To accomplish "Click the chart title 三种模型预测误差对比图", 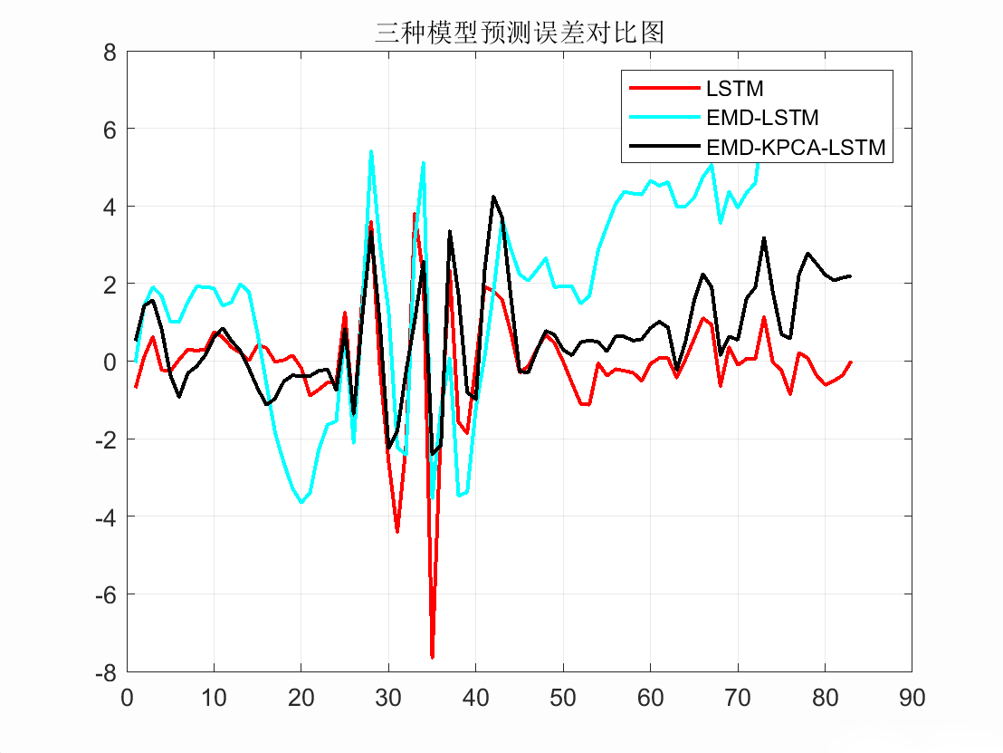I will pyautogui.click(x=520, y=34).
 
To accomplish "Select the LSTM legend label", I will pyautogui.click(x=734, y=89).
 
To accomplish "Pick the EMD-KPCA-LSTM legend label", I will pyautogui.click(x=796, y=147).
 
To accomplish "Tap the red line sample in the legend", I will pyautogui.click(x=665, y=89).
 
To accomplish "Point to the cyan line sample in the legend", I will pyautogui.click(x=665, y=118).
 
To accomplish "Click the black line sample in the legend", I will pyautogui.click(x=665, y=147).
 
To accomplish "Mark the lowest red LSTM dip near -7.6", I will pyautogui.click(x=432, y=656).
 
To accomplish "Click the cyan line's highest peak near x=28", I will pyautogui.click(x=371, y=151).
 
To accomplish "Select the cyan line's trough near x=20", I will pyautogui.click(x=301, y=501).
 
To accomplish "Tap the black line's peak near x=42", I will pyautogui.click(x=493, y=197).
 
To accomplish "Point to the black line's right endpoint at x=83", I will pyautogui.click(x=850, y=275).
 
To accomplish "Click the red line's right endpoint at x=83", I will pyautogui.click(x=850, y=362).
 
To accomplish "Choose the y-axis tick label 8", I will pyautogui.click(x=110, y=52).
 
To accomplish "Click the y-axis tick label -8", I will pyautogui.click(x=106, y=672).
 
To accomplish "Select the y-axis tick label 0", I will pyautogui.click(x=110, y=362).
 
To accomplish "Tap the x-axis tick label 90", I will pyautogui.click(x=912, y=699).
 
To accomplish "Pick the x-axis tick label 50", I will pyautogui.click(x=563, y=699).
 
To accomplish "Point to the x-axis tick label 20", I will pyautogui.click(x=301, y=699).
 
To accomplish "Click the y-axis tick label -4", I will pyautogui.click(x=106, y=517).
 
